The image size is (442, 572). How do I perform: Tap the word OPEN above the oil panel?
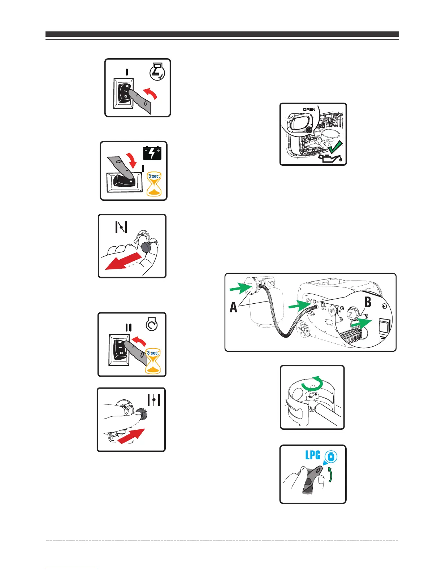click(309, 109)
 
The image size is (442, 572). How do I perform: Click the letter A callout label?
click(234, 307)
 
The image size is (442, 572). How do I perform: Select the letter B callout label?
click(368, 302)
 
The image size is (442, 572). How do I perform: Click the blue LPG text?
click(313, 455)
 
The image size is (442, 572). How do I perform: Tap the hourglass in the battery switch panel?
click(154, 185)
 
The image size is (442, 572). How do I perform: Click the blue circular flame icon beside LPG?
click(331, 457)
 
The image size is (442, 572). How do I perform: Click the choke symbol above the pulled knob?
click(121, 227)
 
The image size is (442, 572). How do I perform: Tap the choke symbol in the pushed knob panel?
click(154, 400)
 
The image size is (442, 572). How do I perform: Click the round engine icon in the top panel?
click(157, 71)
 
